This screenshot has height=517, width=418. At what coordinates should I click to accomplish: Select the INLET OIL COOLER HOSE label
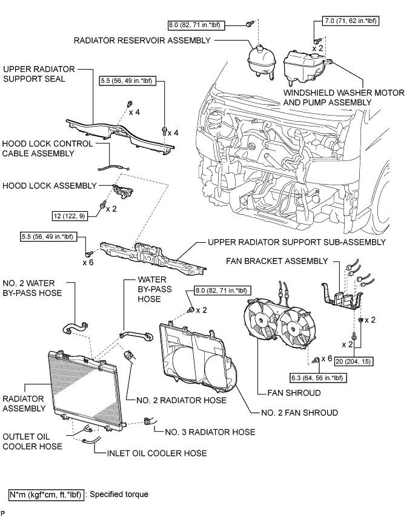tap(157, 453)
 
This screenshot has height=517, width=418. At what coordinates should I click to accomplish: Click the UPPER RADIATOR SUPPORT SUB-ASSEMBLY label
tap(296, 242)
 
